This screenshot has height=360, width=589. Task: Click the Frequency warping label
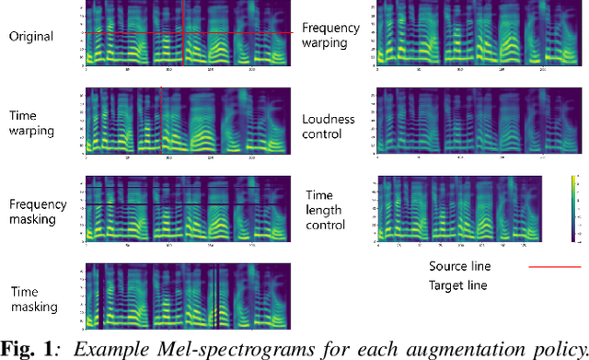tap(330, 36)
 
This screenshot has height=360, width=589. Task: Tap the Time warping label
tap(32, 123)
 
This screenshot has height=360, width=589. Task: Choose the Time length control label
tap(326, 210)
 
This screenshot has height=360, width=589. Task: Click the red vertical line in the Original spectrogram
tap(182, 32)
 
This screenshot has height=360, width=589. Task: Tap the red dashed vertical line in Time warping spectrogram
tap(161, 121)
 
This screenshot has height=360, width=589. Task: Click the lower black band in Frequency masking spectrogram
tap(184, 203)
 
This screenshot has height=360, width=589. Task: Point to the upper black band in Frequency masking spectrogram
tap(184, 188)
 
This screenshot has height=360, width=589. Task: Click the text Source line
tap(459, 267)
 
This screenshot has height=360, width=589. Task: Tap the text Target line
tap(459, 285)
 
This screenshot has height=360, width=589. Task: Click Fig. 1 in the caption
tap(25, 347)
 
